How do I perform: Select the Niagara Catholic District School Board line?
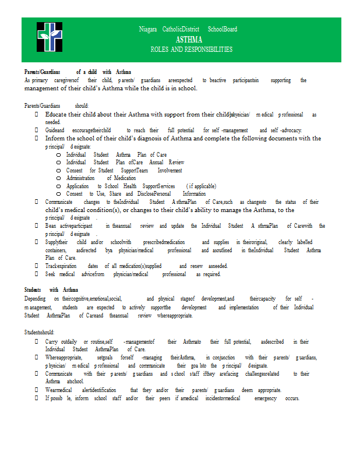188,29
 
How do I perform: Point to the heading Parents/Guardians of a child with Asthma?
77,71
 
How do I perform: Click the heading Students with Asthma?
51,290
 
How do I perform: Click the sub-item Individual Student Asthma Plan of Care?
116,154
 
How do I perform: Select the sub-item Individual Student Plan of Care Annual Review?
125,163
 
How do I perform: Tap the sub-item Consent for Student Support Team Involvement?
124,170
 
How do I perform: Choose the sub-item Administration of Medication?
101,178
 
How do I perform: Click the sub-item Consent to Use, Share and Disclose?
136,193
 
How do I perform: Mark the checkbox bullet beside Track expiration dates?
37,266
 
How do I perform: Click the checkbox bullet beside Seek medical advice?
37,274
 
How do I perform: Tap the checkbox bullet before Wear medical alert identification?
37,390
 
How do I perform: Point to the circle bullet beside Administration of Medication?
59,178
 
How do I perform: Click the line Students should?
39,331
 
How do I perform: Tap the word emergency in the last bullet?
266,398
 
